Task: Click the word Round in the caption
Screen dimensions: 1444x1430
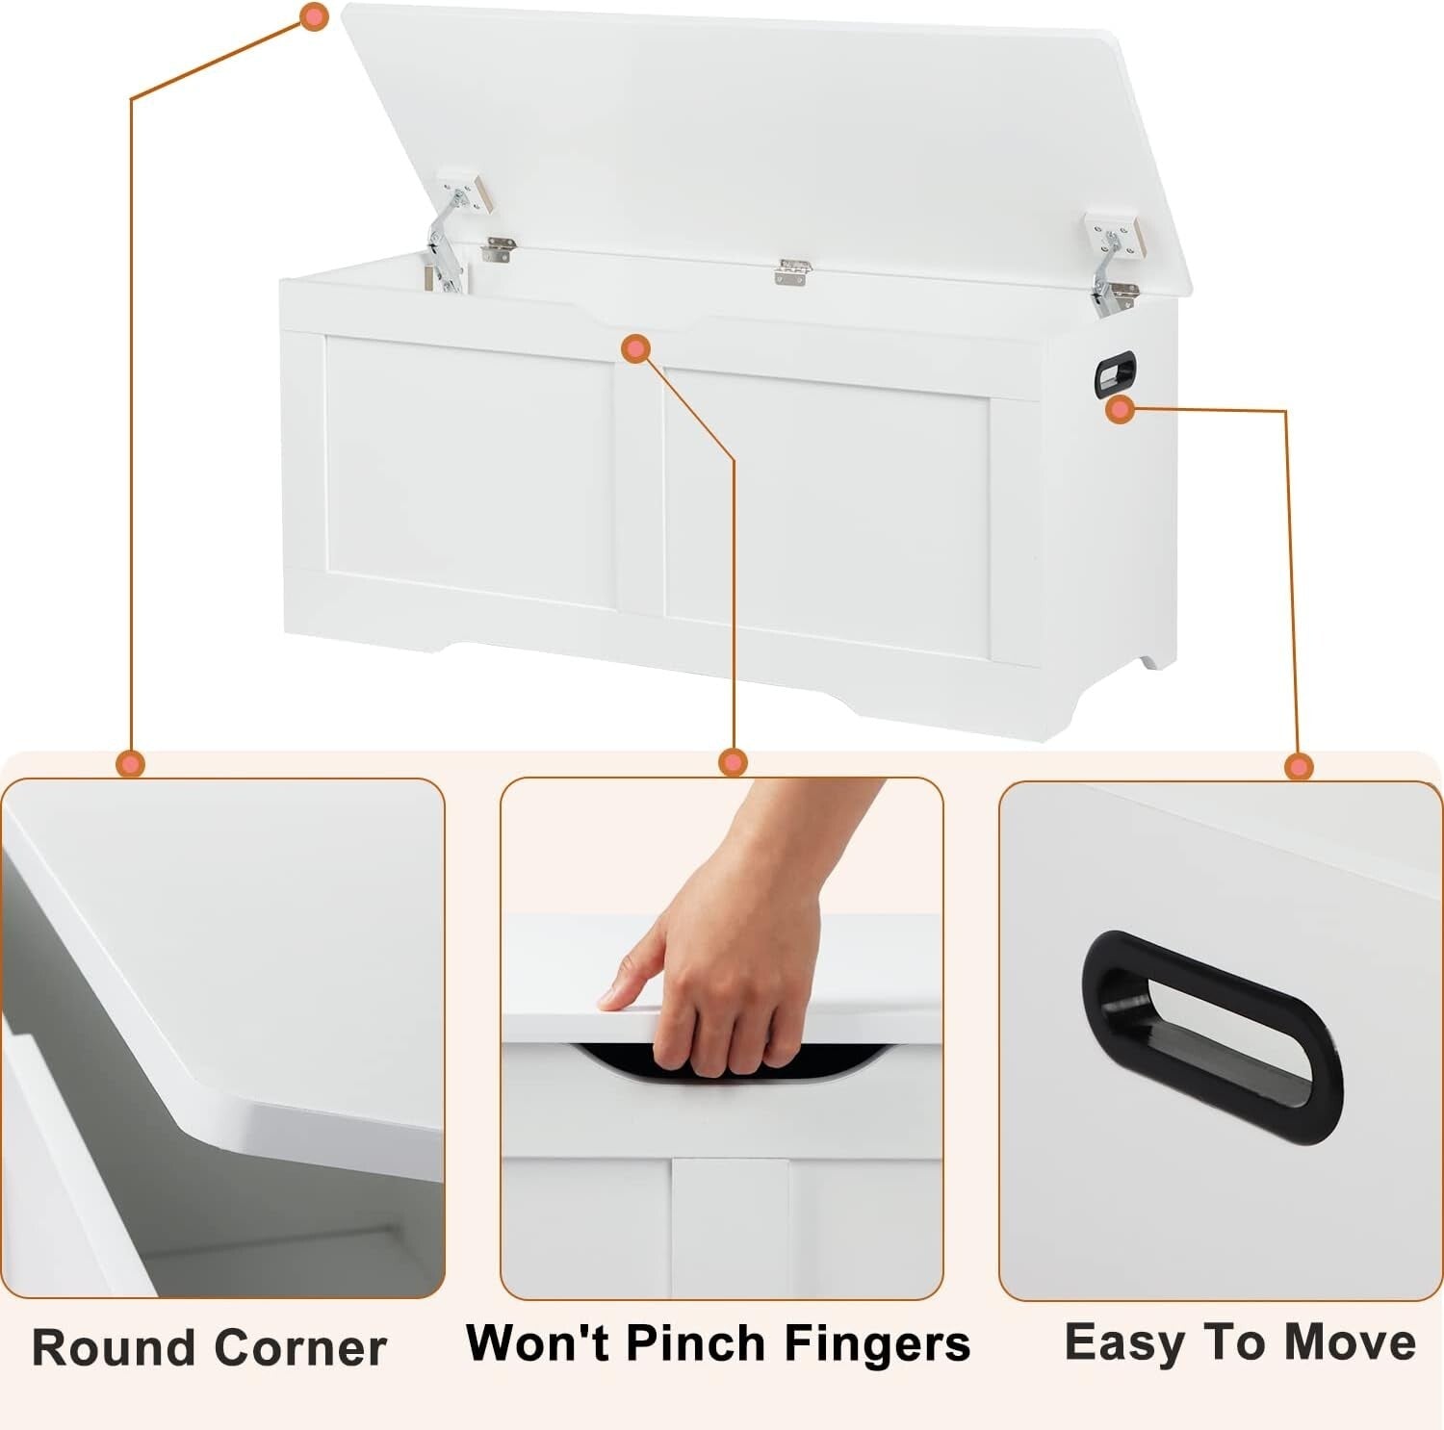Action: pos(113,1347)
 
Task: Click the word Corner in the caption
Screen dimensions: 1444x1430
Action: pos(300,1347)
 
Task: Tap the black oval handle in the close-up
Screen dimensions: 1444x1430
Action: pos(1212,1035)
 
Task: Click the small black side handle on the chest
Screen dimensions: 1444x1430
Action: pos(1115,373)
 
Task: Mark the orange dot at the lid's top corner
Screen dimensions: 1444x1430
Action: pos(314,16)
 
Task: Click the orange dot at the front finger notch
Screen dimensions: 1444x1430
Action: pos(635,348)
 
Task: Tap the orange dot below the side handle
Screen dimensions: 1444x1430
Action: pos(1120,411)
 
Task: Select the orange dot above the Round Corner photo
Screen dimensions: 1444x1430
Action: pos(130,764)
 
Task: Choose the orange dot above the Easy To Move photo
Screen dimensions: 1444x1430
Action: pos(1299,767)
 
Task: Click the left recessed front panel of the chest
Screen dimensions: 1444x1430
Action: pos(470,472)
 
